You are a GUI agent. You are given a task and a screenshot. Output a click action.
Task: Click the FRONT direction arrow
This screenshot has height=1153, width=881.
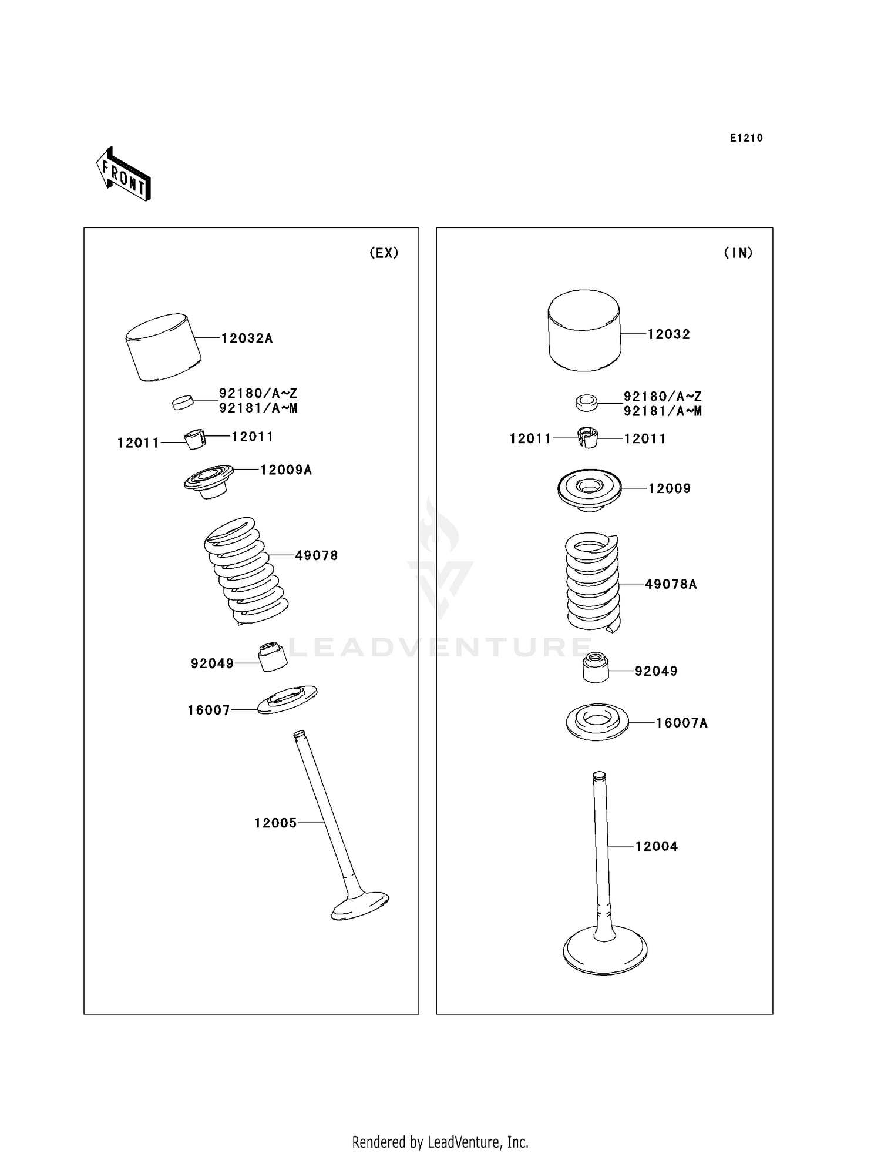click(x=123, y=174)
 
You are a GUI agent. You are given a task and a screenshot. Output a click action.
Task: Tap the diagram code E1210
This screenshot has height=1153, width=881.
click(x=747, y=138)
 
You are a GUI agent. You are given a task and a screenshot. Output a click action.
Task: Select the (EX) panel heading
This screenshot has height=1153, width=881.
click(x=384, y=253)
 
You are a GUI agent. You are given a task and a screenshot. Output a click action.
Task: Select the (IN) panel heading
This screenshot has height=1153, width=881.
click(x=738, y=253)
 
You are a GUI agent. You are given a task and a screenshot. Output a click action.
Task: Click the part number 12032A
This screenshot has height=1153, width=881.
click(x=247, y=338)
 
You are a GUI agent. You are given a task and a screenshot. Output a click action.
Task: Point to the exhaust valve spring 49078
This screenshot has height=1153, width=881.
click(x=246, y=571)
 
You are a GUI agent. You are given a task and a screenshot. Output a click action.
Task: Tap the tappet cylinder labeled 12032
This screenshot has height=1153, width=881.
click(x=584, y=330)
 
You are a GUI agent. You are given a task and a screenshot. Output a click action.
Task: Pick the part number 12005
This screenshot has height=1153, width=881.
click(x=275, y=823)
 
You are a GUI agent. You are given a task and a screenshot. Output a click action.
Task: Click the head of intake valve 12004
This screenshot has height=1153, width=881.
click(x=605, y=951)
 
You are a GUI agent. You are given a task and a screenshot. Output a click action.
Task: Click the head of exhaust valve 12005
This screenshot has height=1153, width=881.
click(x=360, y=907)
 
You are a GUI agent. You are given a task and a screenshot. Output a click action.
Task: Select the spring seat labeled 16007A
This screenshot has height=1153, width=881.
click(x=597, y=722)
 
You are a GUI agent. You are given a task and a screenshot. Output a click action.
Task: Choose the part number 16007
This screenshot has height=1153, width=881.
click(x=209, y=710)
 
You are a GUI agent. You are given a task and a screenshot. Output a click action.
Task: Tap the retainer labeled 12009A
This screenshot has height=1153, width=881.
click(x=209, y=482)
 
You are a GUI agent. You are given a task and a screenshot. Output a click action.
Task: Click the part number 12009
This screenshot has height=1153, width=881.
click(x=670, y=488)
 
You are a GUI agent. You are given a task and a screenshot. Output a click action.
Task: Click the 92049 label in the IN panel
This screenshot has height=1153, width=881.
click(x=656, y=671)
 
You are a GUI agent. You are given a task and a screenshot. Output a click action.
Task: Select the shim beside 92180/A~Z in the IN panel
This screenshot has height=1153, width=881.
click(x=587, y=403)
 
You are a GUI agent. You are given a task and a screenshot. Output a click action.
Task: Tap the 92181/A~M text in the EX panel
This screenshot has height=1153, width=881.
click(x=258, y=408)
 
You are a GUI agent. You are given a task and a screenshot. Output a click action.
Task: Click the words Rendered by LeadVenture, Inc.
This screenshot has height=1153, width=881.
click(x=441, y=1142)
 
